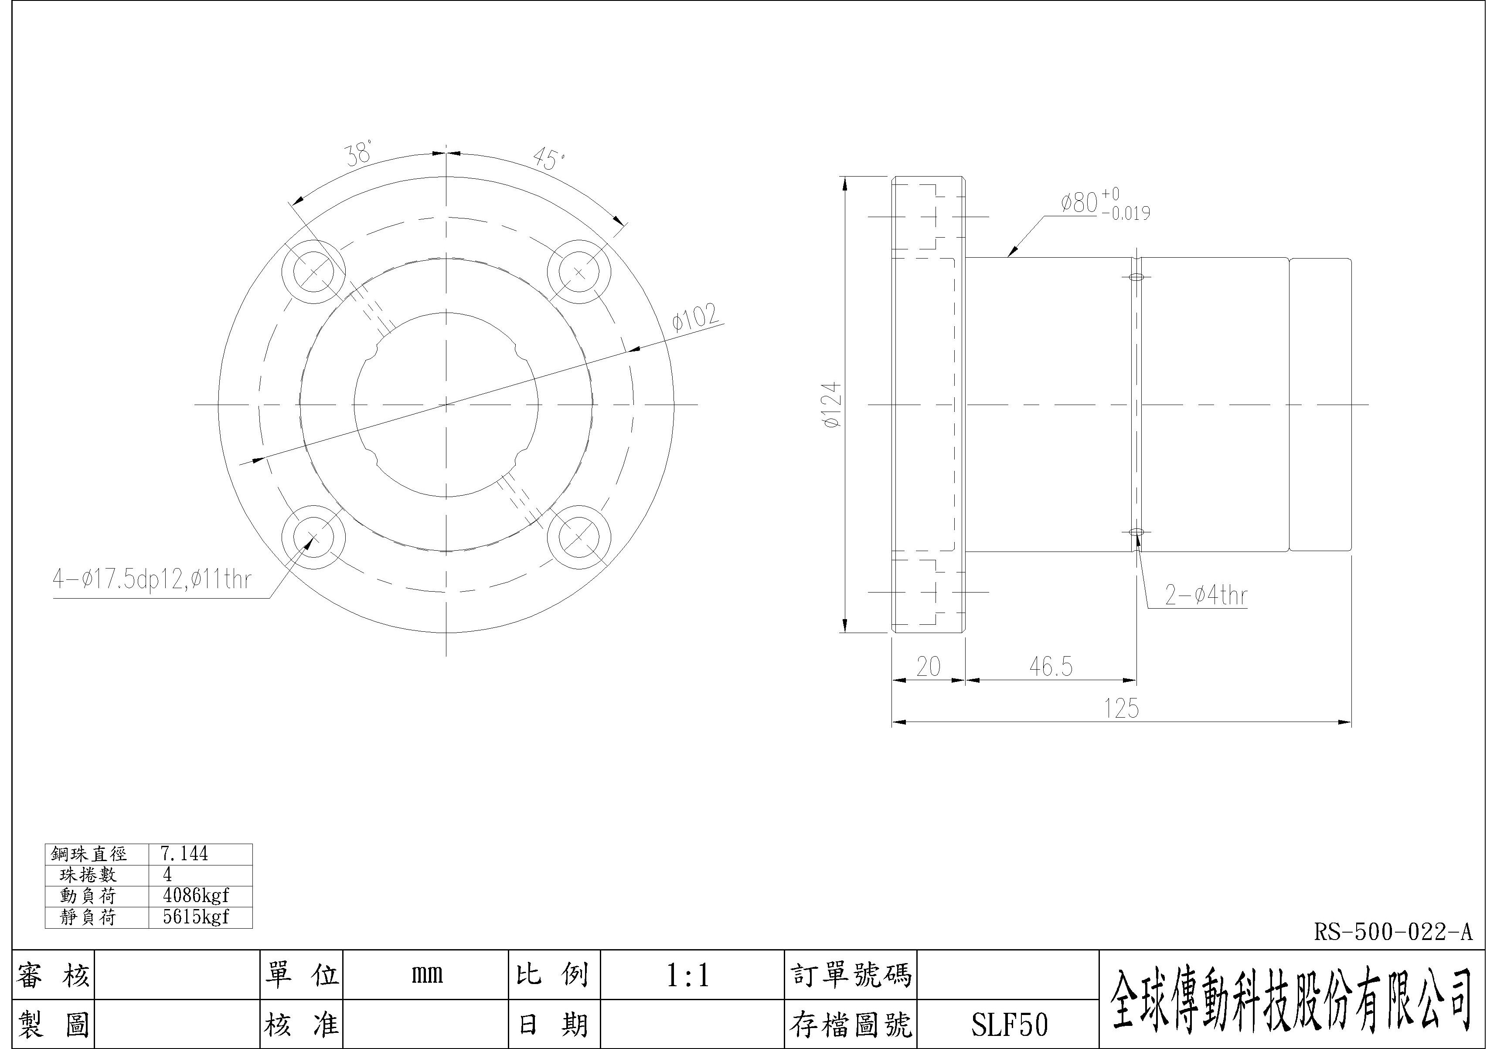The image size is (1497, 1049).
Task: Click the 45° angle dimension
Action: (x=548, y=158)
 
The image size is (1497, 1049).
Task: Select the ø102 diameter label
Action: (x=696, y=317)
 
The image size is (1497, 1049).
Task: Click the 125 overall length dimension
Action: (x=1122, y=708)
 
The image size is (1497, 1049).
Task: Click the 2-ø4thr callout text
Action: (x=1206, y=595)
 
